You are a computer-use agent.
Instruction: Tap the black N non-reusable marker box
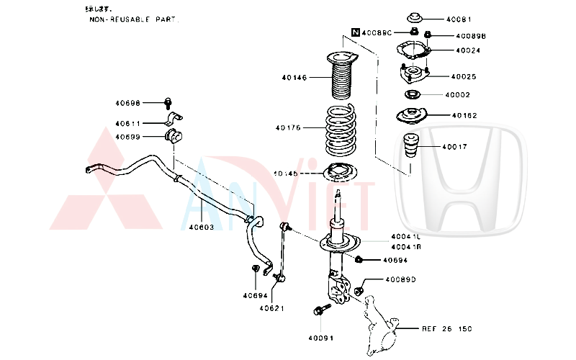(x=355, y=32)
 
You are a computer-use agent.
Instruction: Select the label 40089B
(x=470, y=35)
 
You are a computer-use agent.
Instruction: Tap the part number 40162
(x=464, y=115)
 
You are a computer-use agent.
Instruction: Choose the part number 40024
(x=468, y=50)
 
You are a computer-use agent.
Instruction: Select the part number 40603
(x=202, y=227)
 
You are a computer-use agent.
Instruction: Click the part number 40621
(x=272, y=309)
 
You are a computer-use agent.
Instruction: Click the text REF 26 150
(x=446, y=328)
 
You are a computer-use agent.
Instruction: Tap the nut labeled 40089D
(x=360, y=291)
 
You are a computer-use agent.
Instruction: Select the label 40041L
(x=405, y=236)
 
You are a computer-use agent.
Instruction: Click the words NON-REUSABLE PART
(x=134, y=20)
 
